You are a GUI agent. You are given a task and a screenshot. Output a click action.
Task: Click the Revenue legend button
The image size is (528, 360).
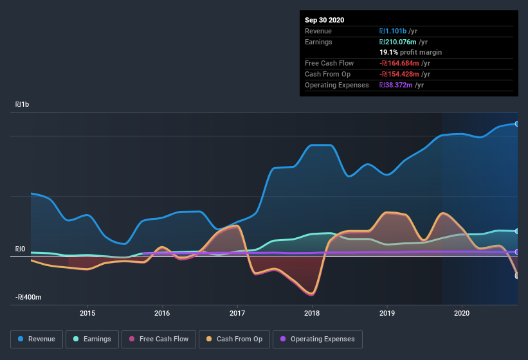tap(37, 339)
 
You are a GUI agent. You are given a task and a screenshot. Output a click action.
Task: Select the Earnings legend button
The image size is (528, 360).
tap(92, 339)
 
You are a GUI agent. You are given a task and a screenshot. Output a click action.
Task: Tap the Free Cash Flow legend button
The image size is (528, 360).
tap(158, 339)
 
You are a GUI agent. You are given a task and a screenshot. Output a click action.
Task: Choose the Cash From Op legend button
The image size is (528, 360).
tap(234, 339)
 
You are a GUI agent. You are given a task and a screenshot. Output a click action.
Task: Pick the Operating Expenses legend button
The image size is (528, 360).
tap(317, 339)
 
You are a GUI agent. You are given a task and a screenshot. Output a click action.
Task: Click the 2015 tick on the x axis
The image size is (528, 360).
tap(87, 313)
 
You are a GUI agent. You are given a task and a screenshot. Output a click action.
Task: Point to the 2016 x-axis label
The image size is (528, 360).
tap(162, 313)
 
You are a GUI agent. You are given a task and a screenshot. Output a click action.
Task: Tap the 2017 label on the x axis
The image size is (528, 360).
tap(237, 313)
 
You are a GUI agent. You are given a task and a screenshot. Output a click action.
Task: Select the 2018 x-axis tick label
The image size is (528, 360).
tap(312, 313)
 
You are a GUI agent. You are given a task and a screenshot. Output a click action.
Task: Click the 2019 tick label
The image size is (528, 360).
tap(387, 313)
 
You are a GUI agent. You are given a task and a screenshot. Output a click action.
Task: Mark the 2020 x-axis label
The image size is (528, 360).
tap(462, 313)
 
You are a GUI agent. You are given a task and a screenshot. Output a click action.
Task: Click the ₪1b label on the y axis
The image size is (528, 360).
tap(23, 104)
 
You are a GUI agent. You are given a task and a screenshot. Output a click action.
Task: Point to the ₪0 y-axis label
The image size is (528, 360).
tap(21, 249)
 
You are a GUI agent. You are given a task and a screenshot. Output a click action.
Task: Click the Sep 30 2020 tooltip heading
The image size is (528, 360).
tap(325, 20)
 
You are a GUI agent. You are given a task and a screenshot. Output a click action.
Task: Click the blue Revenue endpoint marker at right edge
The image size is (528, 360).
tap(516, 123)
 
